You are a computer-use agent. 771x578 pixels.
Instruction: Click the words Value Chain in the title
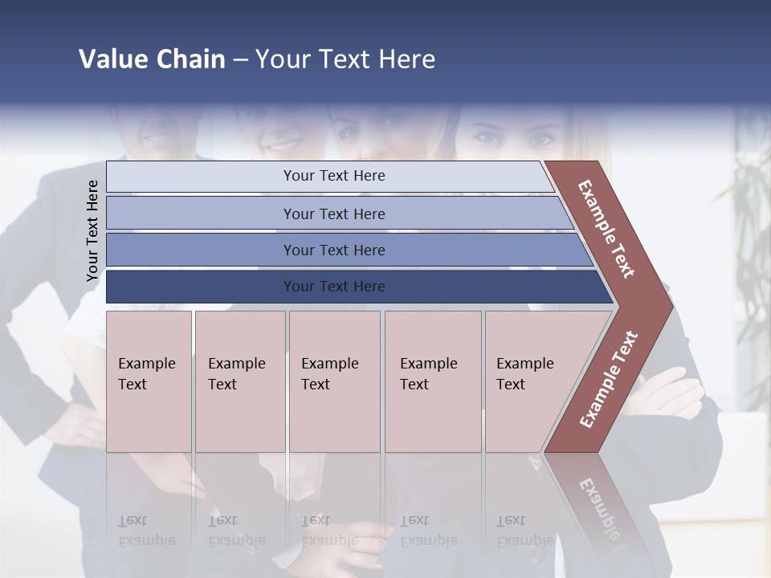click(152, 59)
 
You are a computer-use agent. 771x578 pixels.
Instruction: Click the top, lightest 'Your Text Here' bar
click(333, 176)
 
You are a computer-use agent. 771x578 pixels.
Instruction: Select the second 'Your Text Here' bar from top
click(333, 214)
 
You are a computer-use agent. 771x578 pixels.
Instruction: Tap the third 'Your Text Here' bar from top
click(333, 250)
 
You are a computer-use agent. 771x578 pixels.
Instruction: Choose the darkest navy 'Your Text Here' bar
click(333, 287)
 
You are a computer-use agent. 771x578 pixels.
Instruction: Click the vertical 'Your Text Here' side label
click(92, 231)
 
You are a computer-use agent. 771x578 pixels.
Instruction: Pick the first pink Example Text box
click(148, 381)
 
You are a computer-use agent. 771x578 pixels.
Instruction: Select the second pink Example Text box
click(239, 381)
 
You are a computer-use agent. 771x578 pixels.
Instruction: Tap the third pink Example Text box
click(333, 381)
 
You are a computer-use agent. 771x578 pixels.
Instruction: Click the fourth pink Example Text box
click(432, 381)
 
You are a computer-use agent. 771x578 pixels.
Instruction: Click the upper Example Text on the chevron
click(606, 229)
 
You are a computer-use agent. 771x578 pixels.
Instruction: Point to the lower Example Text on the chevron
click(609, 379)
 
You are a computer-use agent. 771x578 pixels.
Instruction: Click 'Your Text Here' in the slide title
click(345, 59)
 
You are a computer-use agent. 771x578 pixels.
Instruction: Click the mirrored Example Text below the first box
click(146, 531)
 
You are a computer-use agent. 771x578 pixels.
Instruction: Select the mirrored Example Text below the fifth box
click(524, 531)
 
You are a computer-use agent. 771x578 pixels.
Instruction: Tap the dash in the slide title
click(240, 59)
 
